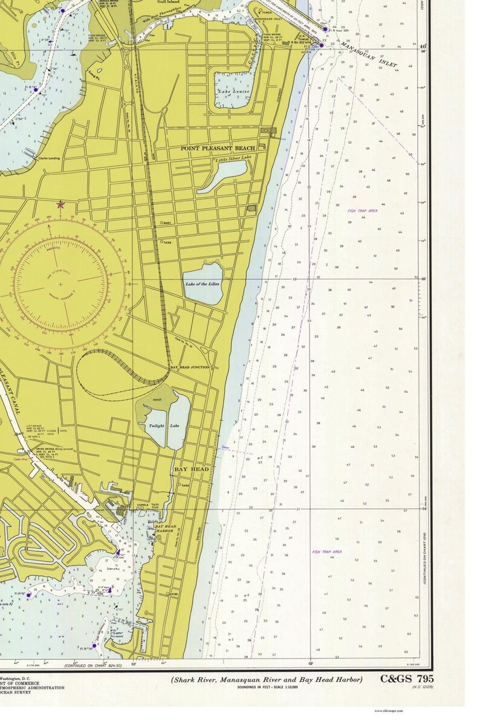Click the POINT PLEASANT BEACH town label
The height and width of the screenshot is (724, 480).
click(218, 147)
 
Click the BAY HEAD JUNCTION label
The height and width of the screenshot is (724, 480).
click(190, 367)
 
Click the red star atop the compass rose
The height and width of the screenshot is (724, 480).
click(60, 205)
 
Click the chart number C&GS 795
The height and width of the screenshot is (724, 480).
click(407, 679)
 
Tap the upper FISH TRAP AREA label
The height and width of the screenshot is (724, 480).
click(362, 210)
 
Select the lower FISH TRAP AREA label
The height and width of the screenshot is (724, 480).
click(327, 552)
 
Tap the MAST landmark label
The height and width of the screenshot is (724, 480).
click(167, 223)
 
